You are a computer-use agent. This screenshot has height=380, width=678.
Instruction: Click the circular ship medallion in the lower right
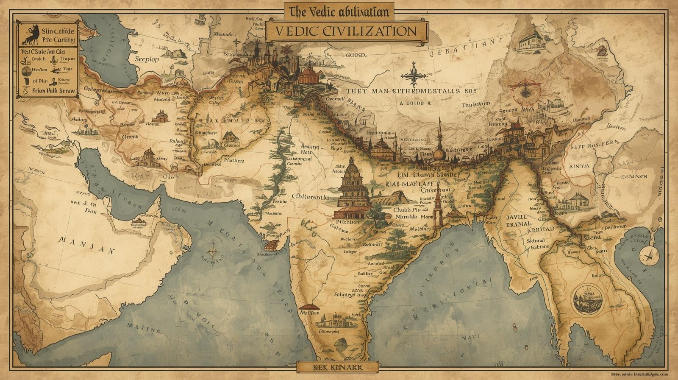587,299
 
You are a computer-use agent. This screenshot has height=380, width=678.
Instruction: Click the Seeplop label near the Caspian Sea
147,59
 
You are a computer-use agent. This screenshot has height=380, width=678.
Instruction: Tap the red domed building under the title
311,74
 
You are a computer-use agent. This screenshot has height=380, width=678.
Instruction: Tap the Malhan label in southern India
309,312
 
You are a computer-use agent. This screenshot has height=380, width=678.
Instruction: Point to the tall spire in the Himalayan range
439,136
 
